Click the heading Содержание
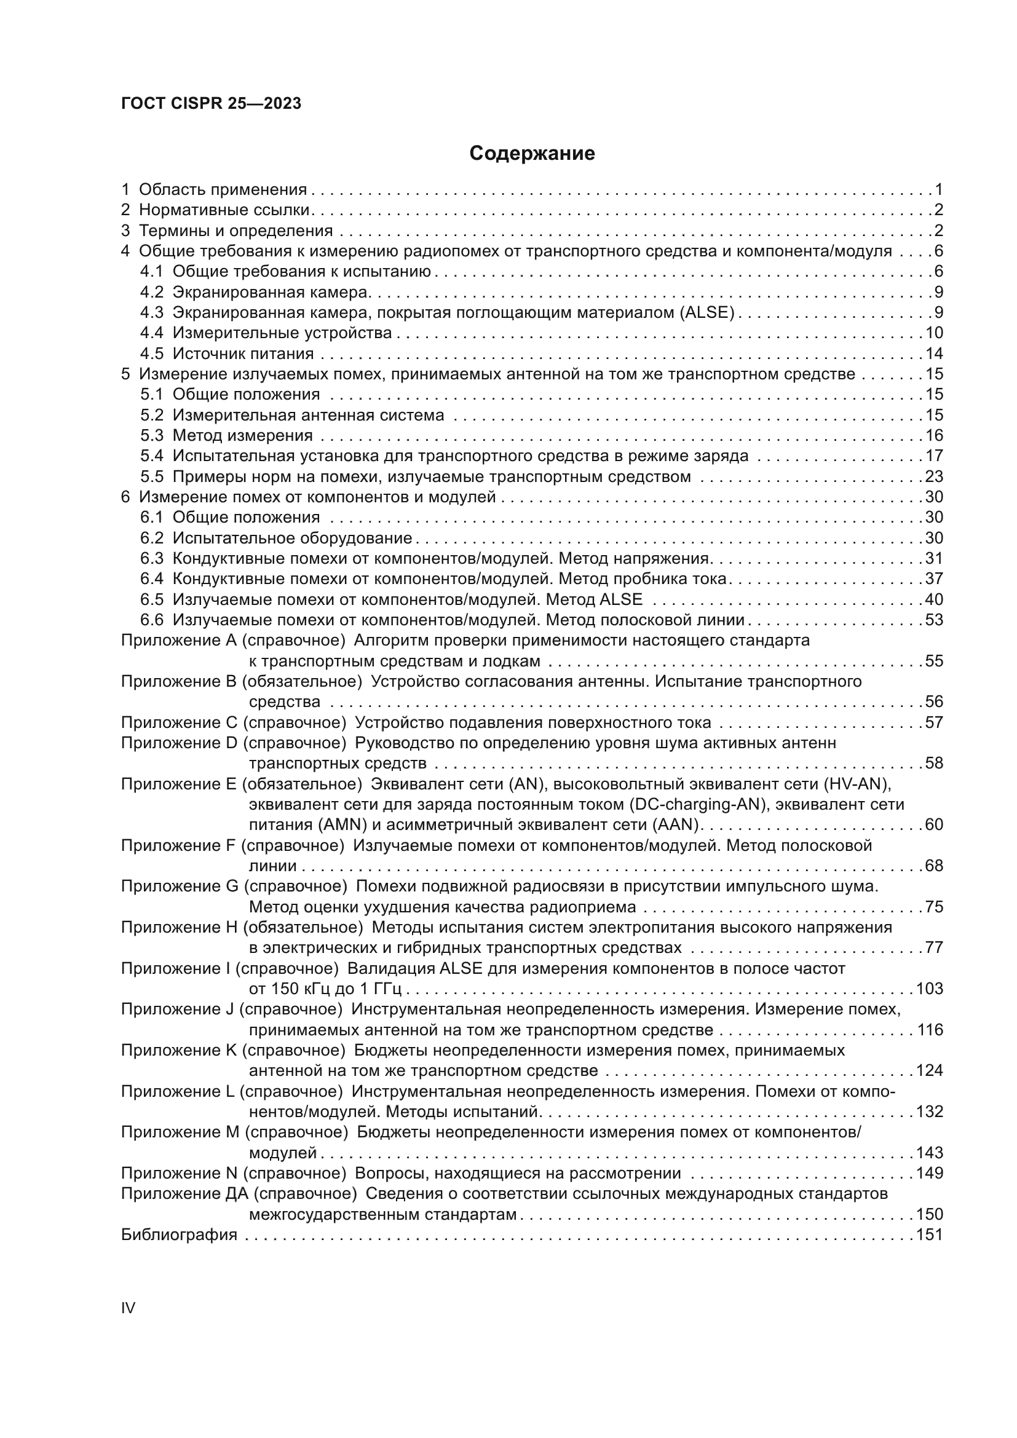click(532, 154)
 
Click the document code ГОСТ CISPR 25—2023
click(211, 103)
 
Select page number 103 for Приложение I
click(929, 989)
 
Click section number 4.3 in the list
click(151, 312)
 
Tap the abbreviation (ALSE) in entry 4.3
click(706, 312)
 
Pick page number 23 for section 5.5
click(934, 476)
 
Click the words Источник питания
click(243, 354)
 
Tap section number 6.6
click(151, 620)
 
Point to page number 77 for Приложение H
click(934, 947)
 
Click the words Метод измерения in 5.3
click(243, 435)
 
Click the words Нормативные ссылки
click(225, 210)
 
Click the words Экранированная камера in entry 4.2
click(269, 293)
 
